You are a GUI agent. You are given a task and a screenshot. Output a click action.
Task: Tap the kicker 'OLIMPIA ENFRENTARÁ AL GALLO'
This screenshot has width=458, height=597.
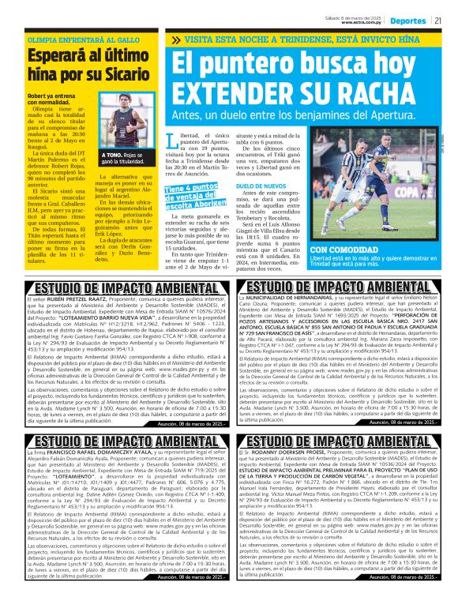tap(78, 39)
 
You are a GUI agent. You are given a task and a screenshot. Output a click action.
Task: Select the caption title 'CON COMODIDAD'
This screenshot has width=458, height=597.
tap(347, 249)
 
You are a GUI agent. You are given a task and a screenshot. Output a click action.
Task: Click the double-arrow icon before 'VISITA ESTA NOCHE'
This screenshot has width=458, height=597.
tap(175, 39)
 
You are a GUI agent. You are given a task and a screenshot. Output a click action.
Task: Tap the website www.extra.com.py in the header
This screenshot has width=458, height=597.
tap(363, 23)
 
